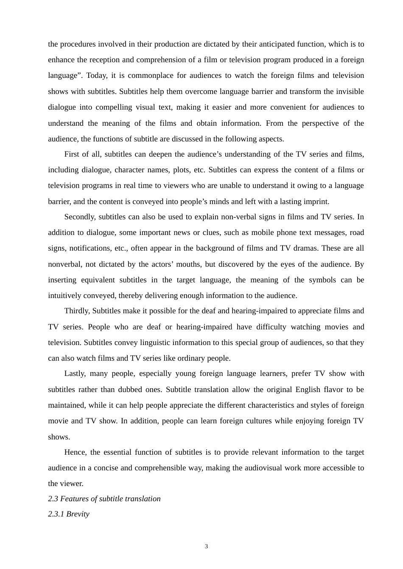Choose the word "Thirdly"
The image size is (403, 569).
coord(77,311)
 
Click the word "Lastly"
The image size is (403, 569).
coord(75,374)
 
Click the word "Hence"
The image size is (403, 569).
coord(74,453)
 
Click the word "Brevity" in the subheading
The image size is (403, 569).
coord(78,514)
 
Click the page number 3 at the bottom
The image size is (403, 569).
coord(206,547)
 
